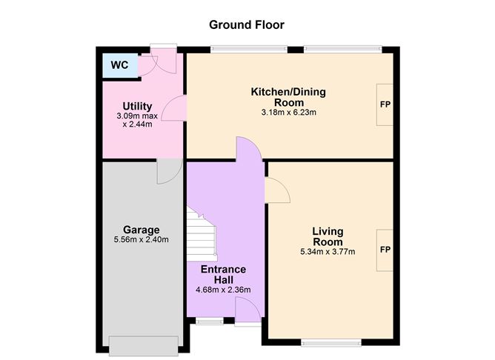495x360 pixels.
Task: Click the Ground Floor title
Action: [246, 25]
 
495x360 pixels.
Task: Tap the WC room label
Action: [120, 65]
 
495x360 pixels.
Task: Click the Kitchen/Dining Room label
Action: [288, 97]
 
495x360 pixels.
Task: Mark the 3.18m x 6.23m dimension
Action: [288, 113]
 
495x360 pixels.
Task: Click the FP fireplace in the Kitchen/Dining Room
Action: [385, 104]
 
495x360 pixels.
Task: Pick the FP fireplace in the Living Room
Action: [385, 250]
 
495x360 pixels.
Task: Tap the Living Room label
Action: [327, 237]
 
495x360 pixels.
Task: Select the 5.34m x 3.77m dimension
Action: [327, 252]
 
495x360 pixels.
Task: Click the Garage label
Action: [142, 230]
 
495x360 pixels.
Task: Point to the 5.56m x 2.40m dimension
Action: [142, 239]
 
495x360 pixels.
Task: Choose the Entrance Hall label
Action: [223, 275]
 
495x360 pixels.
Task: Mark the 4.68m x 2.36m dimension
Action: [223, 290]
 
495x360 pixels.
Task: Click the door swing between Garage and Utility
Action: [166, 172]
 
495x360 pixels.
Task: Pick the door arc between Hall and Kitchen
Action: [249, 149]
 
